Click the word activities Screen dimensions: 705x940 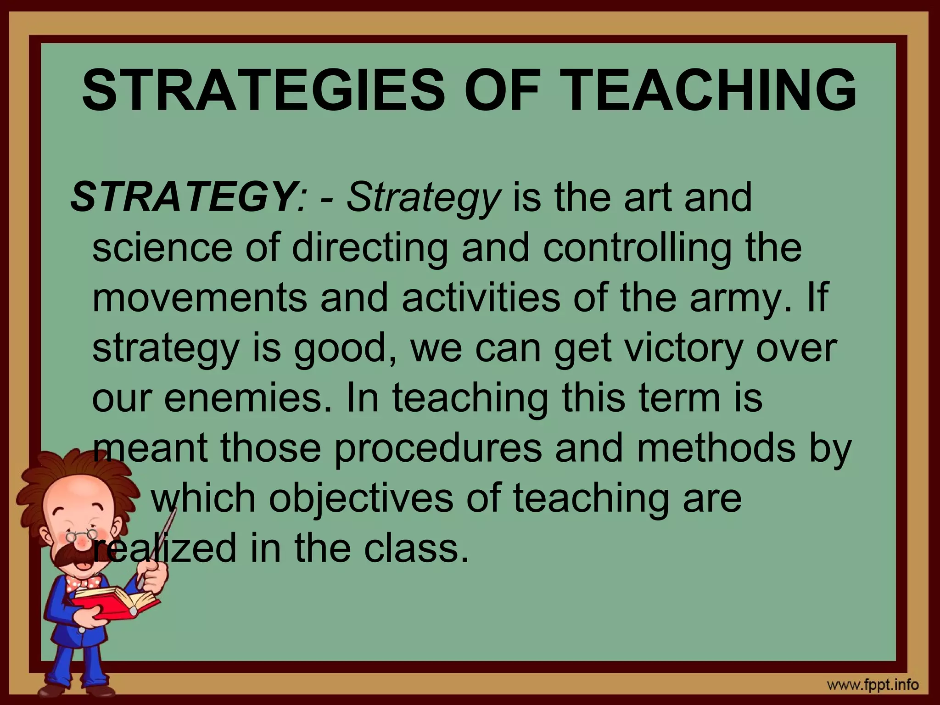click(481, 298)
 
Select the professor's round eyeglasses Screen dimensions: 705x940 click(81, 535)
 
